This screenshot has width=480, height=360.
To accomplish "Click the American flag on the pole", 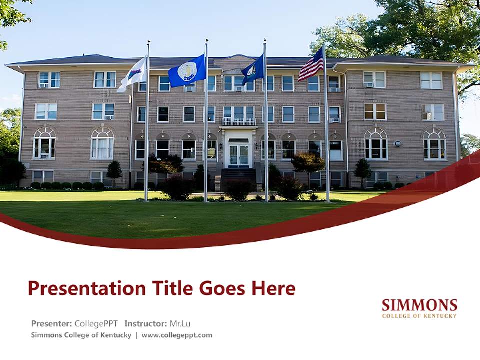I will (311, 65).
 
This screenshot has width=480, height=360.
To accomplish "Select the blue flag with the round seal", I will (187, 72).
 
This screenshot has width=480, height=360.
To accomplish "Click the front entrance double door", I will (238, 155).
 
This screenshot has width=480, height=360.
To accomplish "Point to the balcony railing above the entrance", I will (238, 121).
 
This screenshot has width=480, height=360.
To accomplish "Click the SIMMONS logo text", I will (419, 305).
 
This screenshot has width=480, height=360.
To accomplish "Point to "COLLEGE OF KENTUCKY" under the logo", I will (419, 316).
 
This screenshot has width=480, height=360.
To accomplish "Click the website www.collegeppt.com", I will (177, 335).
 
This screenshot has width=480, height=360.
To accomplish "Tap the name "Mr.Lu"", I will (180, 323).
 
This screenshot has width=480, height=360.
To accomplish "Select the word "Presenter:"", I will (51, 323).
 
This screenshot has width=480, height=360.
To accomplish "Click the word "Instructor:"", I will (146, 323).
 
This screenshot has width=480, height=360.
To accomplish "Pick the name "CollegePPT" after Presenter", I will (96, 323).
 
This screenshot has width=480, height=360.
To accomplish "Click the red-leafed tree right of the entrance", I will (307, 162).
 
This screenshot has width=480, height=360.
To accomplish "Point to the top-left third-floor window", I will (49, 79).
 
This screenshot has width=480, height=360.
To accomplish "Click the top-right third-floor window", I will (431, 80).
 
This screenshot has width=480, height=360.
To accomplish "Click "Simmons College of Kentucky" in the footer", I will (81, 335).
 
